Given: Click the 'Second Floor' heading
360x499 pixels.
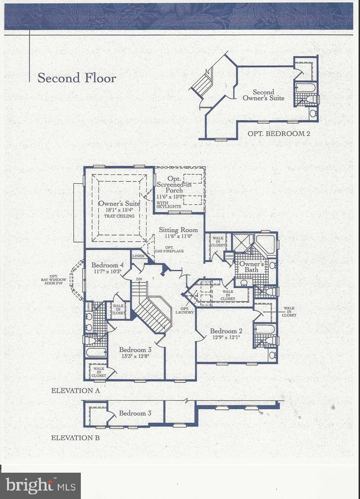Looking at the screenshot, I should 77,78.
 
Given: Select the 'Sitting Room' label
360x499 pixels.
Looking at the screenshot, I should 178,230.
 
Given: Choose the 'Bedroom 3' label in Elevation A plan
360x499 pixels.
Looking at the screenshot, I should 135,350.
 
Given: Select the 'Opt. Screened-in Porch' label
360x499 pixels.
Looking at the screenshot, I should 176,185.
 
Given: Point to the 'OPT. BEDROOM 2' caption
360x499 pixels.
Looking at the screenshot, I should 279,133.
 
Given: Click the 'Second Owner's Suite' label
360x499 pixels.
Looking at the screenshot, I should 263,95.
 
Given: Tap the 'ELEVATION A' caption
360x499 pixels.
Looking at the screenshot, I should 75,390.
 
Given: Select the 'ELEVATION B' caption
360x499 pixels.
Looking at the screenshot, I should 75,438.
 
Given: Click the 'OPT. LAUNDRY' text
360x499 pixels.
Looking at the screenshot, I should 184,310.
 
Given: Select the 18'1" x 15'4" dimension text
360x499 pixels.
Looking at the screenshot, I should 119,210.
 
